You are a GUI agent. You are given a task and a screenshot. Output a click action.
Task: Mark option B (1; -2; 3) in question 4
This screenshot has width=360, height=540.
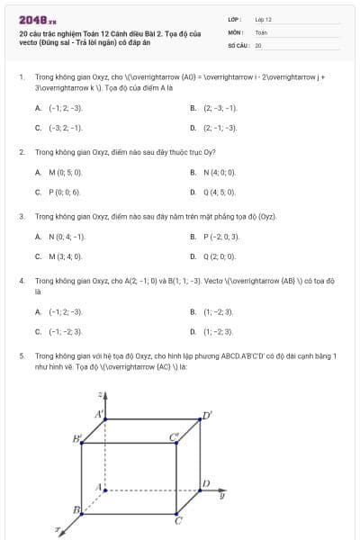[x=217, y=311]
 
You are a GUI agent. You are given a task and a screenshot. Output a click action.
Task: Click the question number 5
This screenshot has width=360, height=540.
[x=22, y=355]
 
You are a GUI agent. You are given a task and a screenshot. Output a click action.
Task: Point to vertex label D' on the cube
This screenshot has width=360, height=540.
[x=207, y=415]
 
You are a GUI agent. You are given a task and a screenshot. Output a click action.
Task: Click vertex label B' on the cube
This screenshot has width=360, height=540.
[x=77, y=439]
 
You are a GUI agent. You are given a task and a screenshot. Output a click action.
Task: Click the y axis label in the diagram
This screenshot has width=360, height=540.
[x=221, y=495]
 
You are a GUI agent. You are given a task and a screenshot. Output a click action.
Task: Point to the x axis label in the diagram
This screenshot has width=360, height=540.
[x=58, y=530]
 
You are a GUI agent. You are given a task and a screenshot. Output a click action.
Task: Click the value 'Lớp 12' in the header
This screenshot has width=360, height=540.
[x=263, y=19]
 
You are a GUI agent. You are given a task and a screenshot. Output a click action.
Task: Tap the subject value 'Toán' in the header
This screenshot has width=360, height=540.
[x=261, y=31]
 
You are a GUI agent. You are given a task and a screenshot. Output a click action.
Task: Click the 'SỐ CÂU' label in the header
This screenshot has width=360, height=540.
[x=238, y=44]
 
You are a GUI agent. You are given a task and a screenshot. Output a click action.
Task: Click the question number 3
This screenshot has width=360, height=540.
[x=22, y=216]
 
